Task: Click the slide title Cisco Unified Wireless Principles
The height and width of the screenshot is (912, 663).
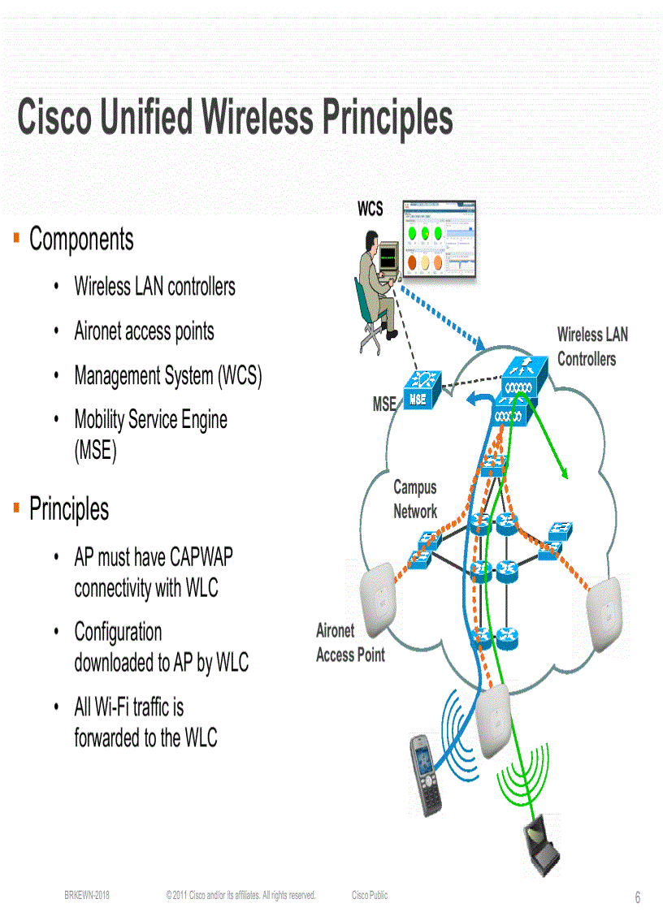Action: pos(235,118)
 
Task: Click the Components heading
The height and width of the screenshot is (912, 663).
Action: pos(81,240)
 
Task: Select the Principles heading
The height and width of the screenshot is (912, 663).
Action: pos(69,509)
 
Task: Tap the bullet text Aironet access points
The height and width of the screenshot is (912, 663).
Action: pos(144,331)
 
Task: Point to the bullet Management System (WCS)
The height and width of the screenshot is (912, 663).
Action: pos(167,376)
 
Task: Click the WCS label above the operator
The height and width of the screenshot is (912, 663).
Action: pos(370,210)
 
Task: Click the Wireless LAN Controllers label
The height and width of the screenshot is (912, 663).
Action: pos(592,347)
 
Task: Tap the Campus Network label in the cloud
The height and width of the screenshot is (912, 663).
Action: pos(414,499)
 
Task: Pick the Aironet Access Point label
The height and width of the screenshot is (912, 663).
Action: pos(349,643)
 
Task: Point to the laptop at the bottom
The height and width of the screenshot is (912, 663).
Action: pos(543,847)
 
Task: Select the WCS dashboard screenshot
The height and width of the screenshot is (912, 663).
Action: pos(436,240)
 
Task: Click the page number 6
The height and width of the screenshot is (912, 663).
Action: pos(638,897)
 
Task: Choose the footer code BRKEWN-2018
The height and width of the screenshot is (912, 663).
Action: pos(87,895)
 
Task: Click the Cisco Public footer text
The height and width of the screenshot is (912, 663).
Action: pos(370,895)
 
